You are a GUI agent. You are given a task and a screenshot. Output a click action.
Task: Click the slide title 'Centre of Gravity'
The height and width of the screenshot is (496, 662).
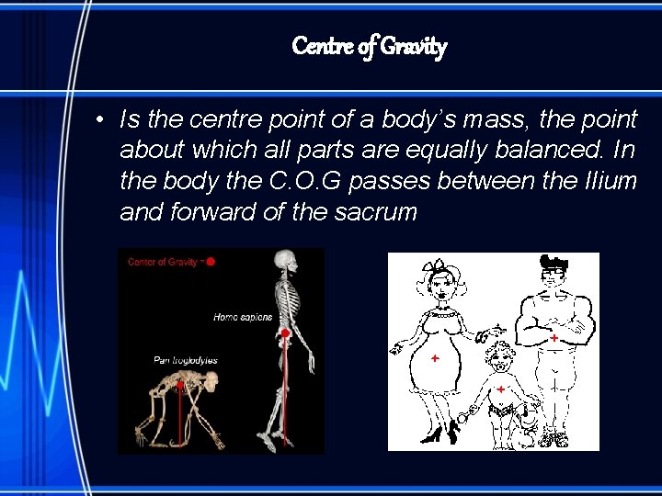pos(369,45)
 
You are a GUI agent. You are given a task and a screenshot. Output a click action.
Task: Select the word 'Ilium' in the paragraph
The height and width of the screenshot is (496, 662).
pos(610,181)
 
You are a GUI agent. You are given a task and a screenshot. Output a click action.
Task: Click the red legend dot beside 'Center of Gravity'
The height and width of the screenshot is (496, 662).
pos(210,262)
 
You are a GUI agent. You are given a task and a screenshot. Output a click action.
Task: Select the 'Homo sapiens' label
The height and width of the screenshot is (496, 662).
pos(243,317)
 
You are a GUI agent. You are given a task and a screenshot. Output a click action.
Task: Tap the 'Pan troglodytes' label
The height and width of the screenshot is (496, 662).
pos(186,360)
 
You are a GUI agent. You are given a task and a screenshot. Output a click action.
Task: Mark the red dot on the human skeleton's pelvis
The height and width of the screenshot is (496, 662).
pos(286,333)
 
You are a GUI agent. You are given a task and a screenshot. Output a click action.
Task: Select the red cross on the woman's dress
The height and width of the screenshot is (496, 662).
pos(433,357)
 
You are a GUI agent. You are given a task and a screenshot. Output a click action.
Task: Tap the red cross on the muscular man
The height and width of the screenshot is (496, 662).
pos(554,339)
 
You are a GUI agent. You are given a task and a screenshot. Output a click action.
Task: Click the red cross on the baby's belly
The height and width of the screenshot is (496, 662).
pos(501,389)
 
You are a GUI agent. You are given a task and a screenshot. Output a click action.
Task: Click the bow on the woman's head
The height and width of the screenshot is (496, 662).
pos(433,267)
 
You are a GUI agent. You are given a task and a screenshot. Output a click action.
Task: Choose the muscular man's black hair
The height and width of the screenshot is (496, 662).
pos(554,262)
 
